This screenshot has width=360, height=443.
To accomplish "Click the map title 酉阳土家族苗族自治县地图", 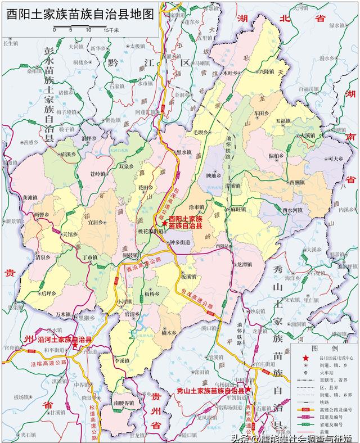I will coord(80,15).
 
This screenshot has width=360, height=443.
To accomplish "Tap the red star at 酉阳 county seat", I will coord(164,224).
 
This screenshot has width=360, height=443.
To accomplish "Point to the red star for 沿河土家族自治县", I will coord(75,347).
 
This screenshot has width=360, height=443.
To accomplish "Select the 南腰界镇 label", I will coord(123,403).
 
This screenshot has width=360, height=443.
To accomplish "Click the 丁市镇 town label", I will coord(89,257).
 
